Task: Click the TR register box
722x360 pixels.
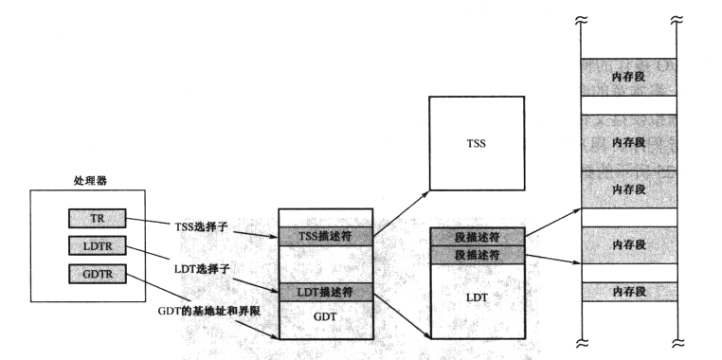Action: click(x=97, y=218)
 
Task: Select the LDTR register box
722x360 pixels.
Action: click(x=97, y=246)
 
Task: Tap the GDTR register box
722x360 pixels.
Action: click(x=97, y=275)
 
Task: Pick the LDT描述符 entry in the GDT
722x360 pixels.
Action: click(x=325, y=291)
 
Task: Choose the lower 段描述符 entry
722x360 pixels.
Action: click(x=478, y=256)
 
